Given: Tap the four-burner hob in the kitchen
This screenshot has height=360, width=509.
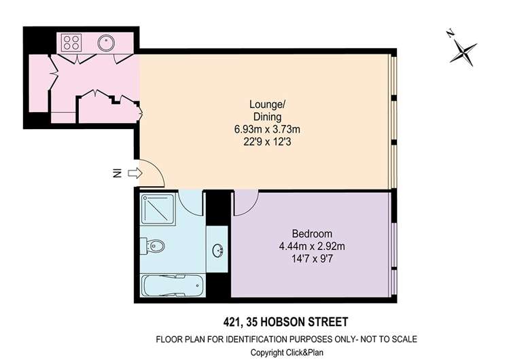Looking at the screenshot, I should [72, 43].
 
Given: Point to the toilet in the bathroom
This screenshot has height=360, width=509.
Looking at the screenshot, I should [154, 246].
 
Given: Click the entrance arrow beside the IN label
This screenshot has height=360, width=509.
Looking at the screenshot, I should [134, 174].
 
